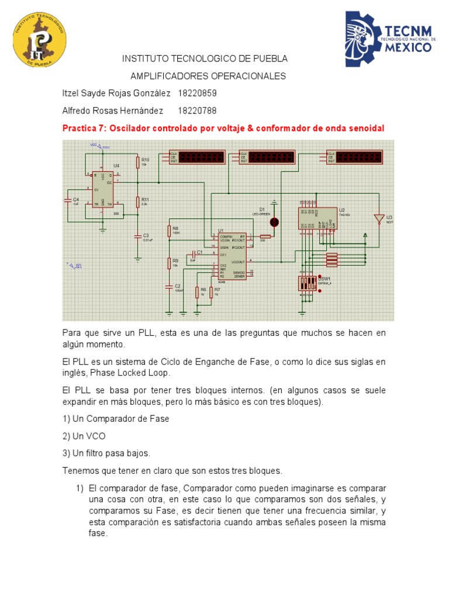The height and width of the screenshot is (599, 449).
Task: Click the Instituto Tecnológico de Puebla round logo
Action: [40, 39]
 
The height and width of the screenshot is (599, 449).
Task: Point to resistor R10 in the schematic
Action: [138, 163]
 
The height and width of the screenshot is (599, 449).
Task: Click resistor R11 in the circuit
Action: [138, 202]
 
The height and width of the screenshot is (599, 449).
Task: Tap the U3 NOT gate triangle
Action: [379, 219]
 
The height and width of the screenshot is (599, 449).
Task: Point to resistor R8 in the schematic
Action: [169, 231]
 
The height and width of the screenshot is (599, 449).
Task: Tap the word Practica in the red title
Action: [81, 129]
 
